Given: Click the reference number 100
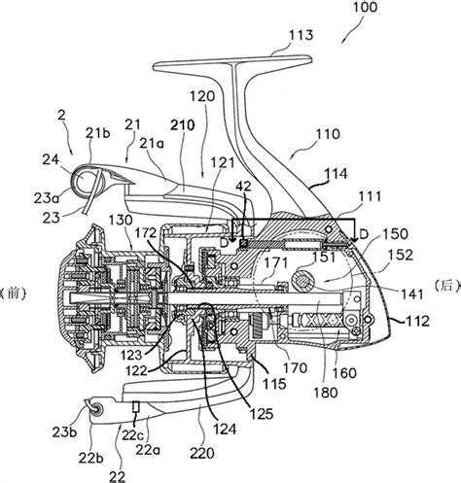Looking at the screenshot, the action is [x=365, y=7].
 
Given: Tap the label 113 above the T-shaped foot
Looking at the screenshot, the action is [x=301, y=35].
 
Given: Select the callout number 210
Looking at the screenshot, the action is [x=183, y=125].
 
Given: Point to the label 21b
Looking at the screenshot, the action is [x=98, y=133].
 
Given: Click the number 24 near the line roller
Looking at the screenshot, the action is [x=51, y=159].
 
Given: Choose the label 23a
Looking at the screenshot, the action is [x=47, y=198].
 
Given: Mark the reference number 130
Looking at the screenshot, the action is [x=121, y=221].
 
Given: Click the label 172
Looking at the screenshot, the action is [x=146, y=232].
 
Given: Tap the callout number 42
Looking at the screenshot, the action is [x=243, y=187].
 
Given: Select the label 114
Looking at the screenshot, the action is [x=336, y=174].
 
